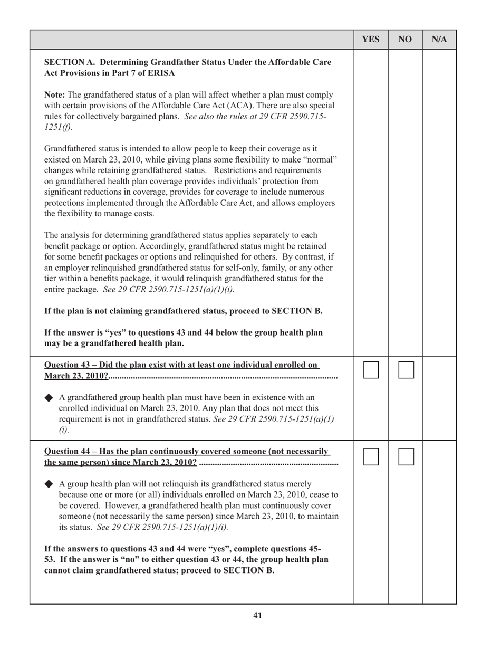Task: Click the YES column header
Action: pos(371,40)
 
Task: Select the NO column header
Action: pos(405,40)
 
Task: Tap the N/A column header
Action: pos(439,40)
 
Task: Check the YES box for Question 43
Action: pos(371,370)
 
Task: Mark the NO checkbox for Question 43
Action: pos(406,370)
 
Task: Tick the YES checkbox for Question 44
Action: pos(371,457)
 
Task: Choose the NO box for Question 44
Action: pos(406,457)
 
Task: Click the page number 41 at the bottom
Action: pos(258,615)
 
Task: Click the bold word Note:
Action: pos(55,95)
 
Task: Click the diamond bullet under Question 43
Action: pos(49,397)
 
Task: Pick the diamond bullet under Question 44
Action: pos(49,484)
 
